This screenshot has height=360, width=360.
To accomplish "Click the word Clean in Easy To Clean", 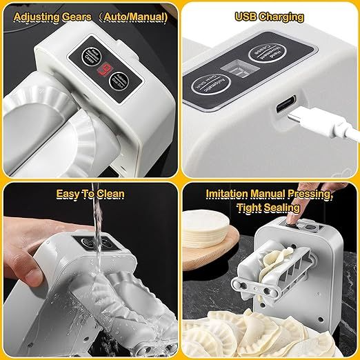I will (x=108, y=194).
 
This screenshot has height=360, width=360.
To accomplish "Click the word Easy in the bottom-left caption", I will (x=69, y=194).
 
